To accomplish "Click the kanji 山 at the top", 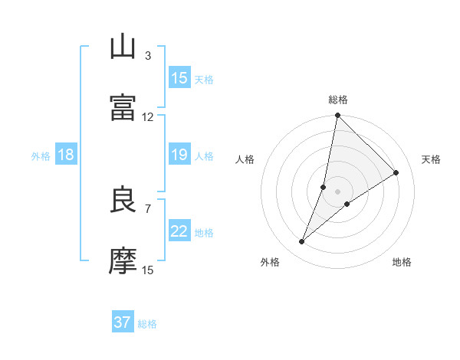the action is [x=123, y=47].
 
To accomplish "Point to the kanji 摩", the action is [x=123, y=260].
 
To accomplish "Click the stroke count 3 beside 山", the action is [x=148, y=55].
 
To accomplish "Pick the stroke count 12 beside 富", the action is [x=148, y=116].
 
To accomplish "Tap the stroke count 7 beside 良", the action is [x=148, y=208].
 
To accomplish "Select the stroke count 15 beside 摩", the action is [x=148, y=270].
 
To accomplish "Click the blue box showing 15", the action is [x=179, y=78].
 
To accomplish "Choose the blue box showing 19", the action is [x=179, y=155].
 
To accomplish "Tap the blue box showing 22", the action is [x=179, y=231].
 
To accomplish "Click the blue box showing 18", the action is [x=66, y=155].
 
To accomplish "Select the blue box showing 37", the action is [x=123, y=322].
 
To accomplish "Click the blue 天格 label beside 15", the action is [x=204, y=80].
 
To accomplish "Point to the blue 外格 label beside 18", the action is [x=41, y=156].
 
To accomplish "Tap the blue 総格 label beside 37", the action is [x=147, y=324].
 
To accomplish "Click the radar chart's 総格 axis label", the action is [x=338, y=100].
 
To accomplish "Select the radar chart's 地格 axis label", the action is [x=402, y=262].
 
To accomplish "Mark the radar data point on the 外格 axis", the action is [x=302, y=242].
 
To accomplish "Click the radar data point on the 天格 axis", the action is [x=396, y=173].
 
